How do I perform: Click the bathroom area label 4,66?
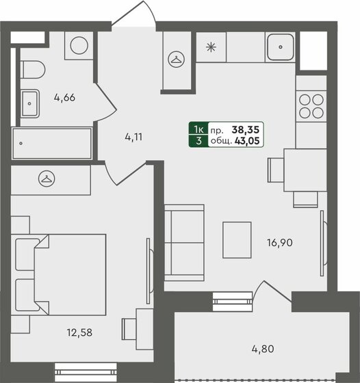point(64,97)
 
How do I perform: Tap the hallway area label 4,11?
point(135,136)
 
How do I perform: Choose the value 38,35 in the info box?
point(246,128)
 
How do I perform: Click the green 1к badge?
point(198,128)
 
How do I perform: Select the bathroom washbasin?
point(30,104)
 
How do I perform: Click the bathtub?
point(51,143)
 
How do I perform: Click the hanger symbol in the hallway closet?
point(177,60)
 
